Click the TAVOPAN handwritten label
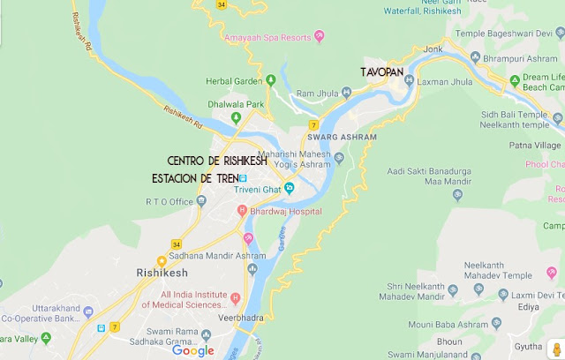[x=383, y=71]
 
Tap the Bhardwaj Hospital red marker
[x=240, y=212]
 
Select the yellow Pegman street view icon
[x=554, y=346]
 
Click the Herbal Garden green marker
[x=271, y=81]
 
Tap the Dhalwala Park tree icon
[x=236, y=117]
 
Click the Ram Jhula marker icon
[x=287, y=93]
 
